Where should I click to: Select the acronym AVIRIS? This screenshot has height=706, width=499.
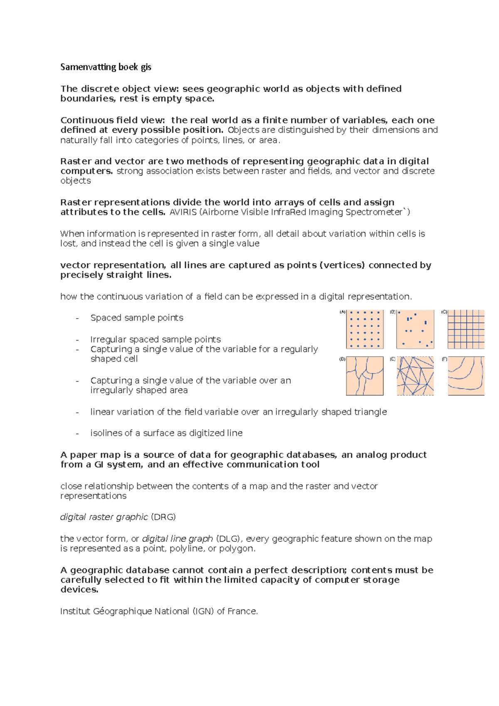(183, 212)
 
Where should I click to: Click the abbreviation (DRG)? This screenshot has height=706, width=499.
(163, 517)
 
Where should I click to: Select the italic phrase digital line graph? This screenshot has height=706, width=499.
(178, 538)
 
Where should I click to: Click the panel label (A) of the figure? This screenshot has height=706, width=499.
(343, 312)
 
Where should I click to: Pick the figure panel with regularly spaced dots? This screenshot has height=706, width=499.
(365, 329)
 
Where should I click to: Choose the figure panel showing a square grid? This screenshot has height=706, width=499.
(466, 329)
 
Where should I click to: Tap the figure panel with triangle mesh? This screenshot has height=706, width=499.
(415, 376)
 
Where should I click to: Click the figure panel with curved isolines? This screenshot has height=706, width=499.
(466, 376)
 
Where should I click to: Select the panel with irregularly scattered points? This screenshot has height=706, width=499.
(415, 329)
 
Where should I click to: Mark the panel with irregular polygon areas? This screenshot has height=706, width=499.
(365, 376)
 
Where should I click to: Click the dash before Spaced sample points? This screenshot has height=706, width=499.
(77, 318)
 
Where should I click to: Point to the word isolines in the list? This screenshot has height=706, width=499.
(104, 433)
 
